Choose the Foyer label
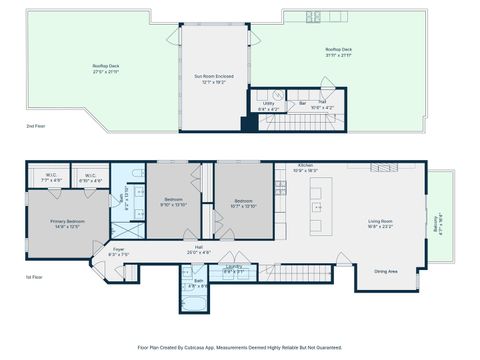click(x=118, y=252)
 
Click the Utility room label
click(x=268, y=104)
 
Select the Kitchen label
click(x=305, y=168)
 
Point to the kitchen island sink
click(x=316, y=209)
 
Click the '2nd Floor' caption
click(x=36, y=127)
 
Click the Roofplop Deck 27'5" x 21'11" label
click(x=106, y=69)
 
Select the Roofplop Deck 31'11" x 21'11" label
click(x=337, y=51)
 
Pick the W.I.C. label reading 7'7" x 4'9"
click(x=53, y=178)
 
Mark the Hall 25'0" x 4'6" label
click(x=198, y=249)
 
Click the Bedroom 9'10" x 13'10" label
click(x=174, y=202)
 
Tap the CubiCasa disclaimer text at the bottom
click(x=240, y=347)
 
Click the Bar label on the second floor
click(x=302, y=103)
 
